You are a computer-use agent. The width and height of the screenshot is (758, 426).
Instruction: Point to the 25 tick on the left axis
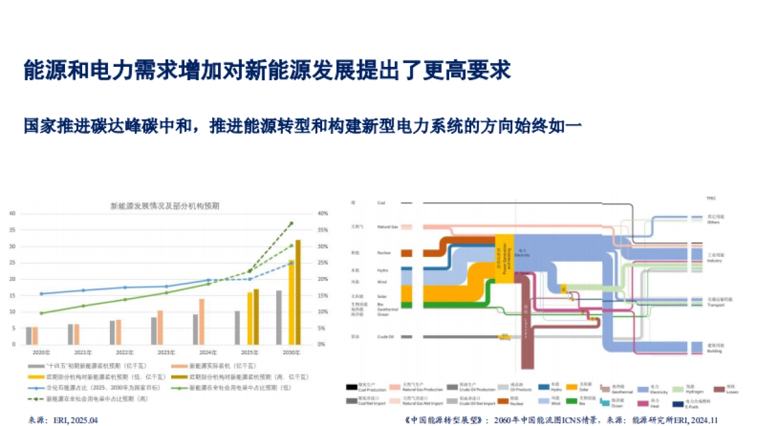pos(12,263)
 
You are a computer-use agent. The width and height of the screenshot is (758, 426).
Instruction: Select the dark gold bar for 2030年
pos(298,292)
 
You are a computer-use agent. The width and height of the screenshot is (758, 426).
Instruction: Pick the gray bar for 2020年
pos(28,336)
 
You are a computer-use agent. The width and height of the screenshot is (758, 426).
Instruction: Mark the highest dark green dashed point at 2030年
pos(291,223)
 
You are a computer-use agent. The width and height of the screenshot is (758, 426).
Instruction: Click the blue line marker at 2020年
pos(41,293)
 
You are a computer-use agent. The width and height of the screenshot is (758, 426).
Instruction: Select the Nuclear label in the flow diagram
pos(384,253)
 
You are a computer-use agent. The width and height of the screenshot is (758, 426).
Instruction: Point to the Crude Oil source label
pos(385,337)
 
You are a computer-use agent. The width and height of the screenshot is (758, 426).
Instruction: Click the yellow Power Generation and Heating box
pos(503,258)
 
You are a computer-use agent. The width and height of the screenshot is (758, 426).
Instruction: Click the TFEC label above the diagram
pos(711,198)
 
